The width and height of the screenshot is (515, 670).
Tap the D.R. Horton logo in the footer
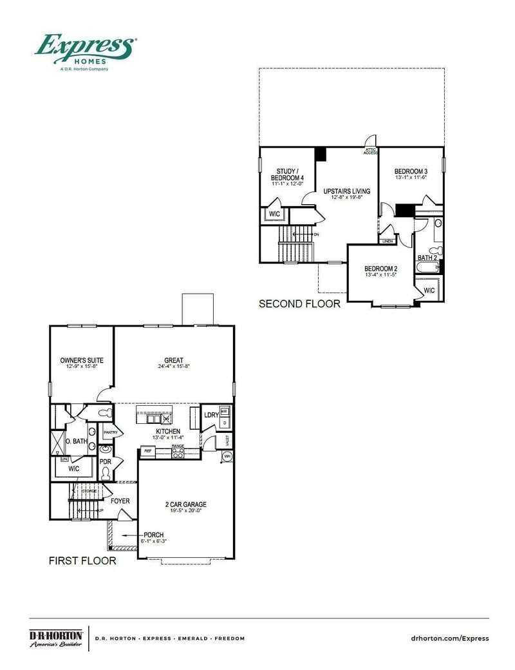coord(56,638)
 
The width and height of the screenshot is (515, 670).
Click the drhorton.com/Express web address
coord(449,638)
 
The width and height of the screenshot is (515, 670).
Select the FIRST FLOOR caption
coord(82,561)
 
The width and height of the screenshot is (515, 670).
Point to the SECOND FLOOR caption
coord(299,303)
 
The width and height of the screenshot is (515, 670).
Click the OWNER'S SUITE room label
coord(82,361)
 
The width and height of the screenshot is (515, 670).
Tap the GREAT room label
coord(174,361)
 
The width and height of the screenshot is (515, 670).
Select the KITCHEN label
coord(167,431)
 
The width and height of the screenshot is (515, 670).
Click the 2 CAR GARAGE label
coord(185,504)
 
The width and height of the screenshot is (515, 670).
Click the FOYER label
coord(120,501)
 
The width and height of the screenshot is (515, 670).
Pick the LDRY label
coord(211,415)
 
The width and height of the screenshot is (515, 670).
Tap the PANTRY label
coord(110,432)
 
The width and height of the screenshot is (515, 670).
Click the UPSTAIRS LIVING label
coord(346,191)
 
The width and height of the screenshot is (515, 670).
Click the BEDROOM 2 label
coord(381,269)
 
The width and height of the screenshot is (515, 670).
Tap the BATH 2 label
coord(427,258)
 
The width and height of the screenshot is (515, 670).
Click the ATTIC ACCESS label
coord(370,151)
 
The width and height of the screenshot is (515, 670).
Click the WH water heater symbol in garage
coord(227,457)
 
